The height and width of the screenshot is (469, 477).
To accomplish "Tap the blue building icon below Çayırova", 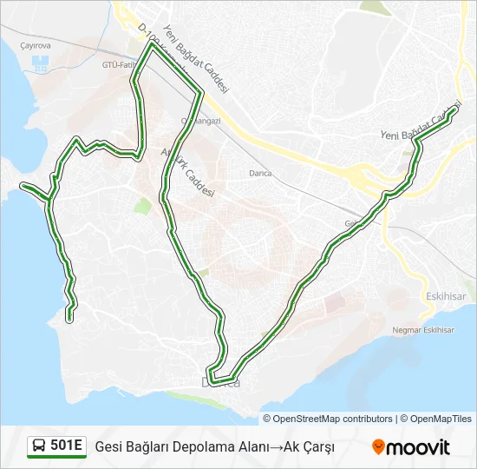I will (x=40, y=64).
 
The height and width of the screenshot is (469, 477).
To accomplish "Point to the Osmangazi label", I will (x=201, y=121).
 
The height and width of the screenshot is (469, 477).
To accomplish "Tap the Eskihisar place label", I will (x=446, y=296).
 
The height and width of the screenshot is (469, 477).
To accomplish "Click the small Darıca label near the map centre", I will (x=259, y=173).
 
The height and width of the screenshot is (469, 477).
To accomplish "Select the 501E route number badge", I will (x=66, y=446).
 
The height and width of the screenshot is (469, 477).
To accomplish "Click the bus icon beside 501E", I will (x=39, y=446).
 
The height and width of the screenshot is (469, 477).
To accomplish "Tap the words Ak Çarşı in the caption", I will (x=309, y=446).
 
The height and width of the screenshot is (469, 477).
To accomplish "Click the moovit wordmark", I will (x=419, y=447).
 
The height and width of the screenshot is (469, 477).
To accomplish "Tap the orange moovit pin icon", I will (x=378, y=447).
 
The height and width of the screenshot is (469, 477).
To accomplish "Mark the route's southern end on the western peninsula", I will (x=69, y=320).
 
